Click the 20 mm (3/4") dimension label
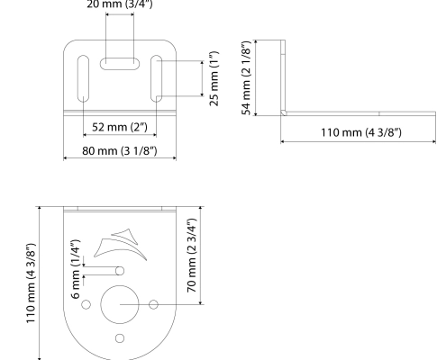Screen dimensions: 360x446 pos(119,4)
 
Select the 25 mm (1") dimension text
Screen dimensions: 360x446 pos(214,77)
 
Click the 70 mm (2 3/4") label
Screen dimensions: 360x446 pos(190,256)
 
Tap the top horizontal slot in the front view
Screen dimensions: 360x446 pos(119,64)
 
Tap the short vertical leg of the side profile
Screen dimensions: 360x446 pos(282,77)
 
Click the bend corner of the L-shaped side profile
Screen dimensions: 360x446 pos(283,113)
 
